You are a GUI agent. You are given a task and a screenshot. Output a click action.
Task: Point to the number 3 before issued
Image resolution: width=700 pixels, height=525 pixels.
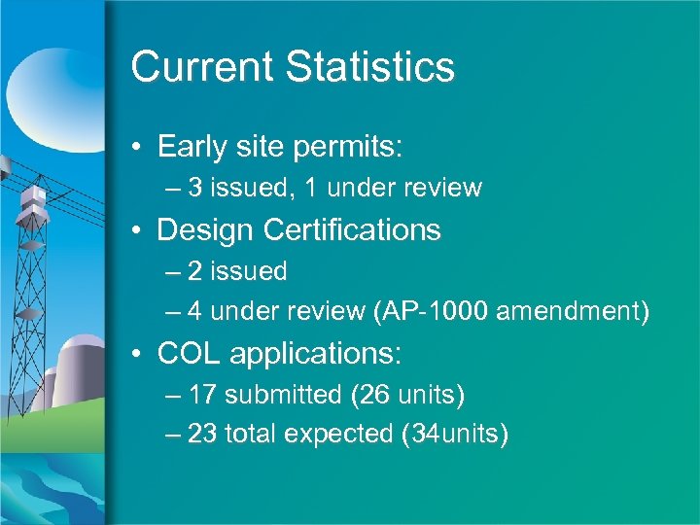(196, 188)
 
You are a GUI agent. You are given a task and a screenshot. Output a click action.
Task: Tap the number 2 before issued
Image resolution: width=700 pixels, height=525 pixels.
(196, 271)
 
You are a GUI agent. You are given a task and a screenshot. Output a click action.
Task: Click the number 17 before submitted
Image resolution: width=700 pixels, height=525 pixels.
(203, 396)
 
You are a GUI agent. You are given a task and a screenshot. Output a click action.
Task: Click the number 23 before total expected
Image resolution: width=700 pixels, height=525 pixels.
(203, 434)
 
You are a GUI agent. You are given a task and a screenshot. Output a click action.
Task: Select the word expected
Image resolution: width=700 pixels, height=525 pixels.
(335, 434)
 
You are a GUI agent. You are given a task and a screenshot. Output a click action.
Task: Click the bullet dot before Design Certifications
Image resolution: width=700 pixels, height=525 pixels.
(140, 231)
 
